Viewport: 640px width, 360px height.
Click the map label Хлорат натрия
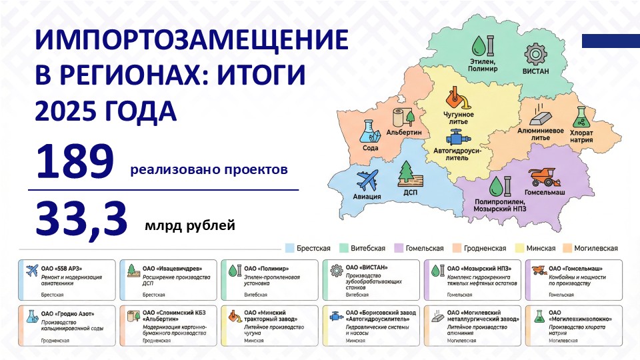[581, 136]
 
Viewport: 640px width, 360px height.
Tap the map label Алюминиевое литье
[541, 135]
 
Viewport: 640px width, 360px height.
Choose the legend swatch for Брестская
[289, 248]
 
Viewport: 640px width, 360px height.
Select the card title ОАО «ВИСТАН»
[366, 268]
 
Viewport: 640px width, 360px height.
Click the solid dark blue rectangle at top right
[611, 41]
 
